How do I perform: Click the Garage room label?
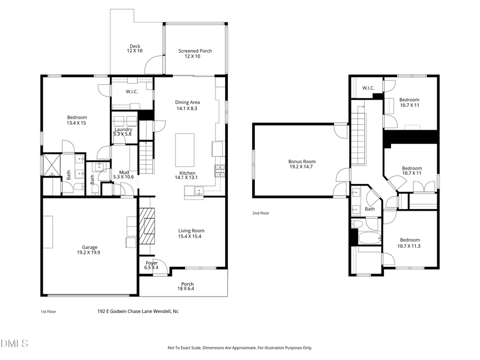[x=90, y=250]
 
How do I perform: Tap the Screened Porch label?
[x=195, y=53]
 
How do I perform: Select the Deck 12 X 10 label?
[x=134, y=49]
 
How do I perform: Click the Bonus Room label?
[x=302, y=164]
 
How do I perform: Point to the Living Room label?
[x=191, y=234]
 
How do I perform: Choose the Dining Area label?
[x=187, y=105]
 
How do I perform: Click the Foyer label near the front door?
[x=151, y=265]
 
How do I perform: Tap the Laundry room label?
[x=123, y=131]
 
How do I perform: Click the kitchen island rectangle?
[x=185, y=150]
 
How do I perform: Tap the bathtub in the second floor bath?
[x=367, y=238]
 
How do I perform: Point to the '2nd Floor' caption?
[x=261, y=213]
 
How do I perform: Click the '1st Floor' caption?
[x=49, y=311]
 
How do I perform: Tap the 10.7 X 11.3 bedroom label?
[x=410, y=243]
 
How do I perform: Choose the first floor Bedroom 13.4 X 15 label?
[x=77, y=120]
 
